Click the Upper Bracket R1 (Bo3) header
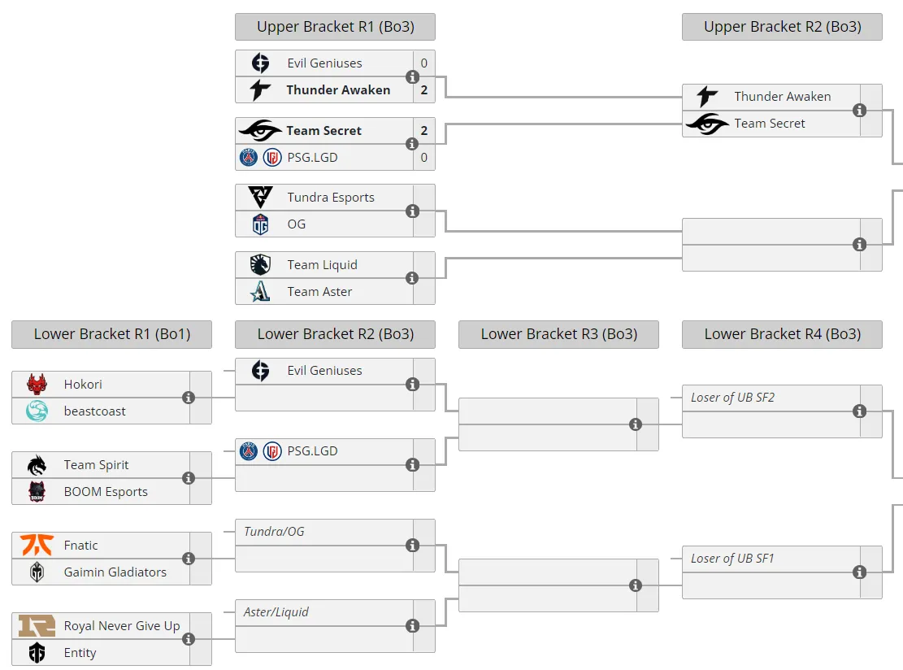pos(335,27)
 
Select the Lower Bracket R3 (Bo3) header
pos(558,334)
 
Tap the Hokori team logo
pos(37,385)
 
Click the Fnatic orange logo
pos(37,545)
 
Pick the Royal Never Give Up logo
pos(37,625)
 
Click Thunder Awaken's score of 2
pos(423,90)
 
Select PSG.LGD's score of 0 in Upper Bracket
pos(423,157)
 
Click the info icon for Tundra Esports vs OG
pos(412,211)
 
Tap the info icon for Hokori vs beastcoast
pos(189,398)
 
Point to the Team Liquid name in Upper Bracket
pos(323,265)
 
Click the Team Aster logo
pos(260,292)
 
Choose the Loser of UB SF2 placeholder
pos(732,398)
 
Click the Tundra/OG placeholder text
pos(274,531)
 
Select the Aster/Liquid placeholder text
pos(276,611)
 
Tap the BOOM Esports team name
pos(106,492)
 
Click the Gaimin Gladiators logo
pos(37,572)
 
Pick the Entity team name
pos(80,653)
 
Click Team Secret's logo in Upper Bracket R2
pos(708,124)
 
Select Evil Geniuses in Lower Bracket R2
pos(325,371)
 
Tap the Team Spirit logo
pos(37,465)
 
